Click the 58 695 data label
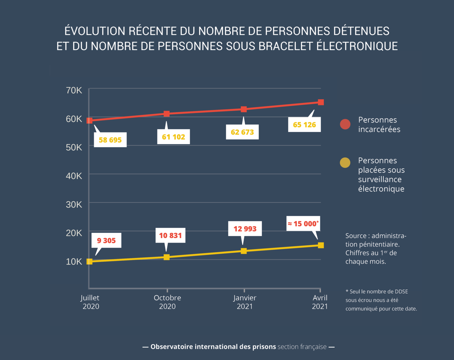click(x=110, y=140)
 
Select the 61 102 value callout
click(x=174, y=137)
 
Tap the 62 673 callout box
click(x=242, y=132)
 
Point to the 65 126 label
click(x=304, y=125)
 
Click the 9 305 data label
click(x=106, y=240)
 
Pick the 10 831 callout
click(x=170, y=235)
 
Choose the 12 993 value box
click(x=245, y=229)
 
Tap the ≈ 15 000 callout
click(x=303, y=224)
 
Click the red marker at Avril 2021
click(x=321, y=102)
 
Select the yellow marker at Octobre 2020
click(x=167, y=257)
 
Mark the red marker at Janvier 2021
click(x=244, y=109)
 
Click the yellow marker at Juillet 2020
click(x=90, y=261)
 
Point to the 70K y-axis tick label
click(x=74, y=90)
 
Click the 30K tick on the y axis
click(x=74, y=204)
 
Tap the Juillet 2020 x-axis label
click(x=90, y=302)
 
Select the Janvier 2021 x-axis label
click(x=245, y=302)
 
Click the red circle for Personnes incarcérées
click(x=345, y=124)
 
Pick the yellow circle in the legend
click(x=345, y=163)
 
